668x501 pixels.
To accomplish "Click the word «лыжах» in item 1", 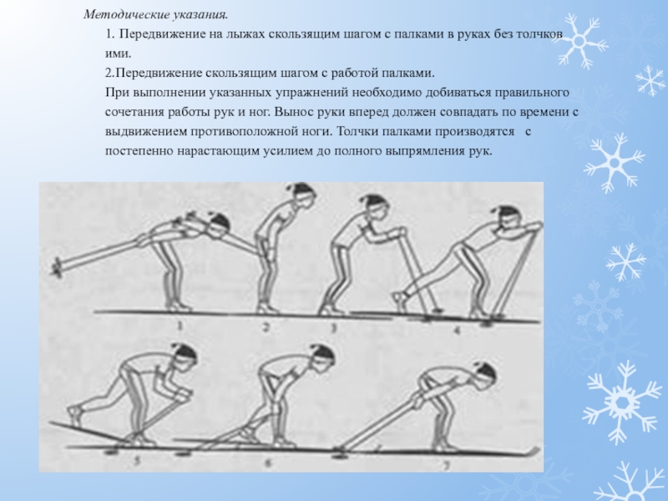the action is [x=244, y=34].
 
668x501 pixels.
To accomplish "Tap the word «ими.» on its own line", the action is [x=118, y=53].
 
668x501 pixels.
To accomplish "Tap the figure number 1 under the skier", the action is [x=180, y=326].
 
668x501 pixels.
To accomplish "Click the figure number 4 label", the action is [x=457, y=331].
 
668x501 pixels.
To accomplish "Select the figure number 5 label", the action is [x=137, y=461].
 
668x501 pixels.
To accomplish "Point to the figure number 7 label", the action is [x=447, y=466].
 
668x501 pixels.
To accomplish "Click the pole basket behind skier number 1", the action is [x=56, y=267].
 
